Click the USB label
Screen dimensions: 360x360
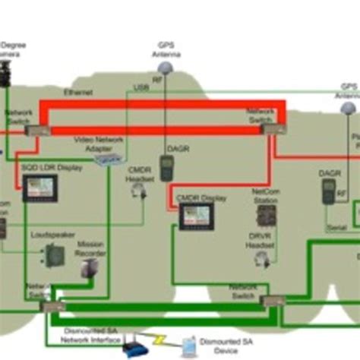pos(141,88)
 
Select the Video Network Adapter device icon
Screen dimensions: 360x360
pos(112,159)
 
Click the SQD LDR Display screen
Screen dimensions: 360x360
pos(39,187)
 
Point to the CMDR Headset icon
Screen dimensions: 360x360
pos(139,191)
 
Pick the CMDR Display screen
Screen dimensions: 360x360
pos(196,216)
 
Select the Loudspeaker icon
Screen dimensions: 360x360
pos(54,255)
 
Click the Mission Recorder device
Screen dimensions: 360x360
pos(90,267)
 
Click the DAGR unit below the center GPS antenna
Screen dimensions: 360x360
pos(167,167)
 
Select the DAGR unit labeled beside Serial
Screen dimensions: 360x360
pos(328,191)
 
